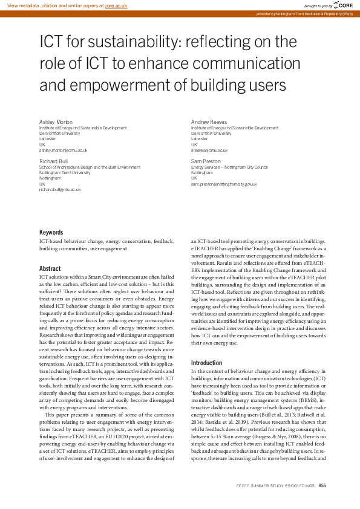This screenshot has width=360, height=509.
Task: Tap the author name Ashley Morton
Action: click(x=55, y=122)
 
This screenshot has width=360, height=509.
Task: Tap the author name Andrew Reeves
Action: click(x=209, y=122)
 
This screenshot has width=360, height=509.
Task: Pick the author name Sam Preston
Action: click(x=206, y=161)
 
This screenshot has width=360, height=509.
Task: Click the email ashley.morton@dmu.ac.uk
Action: click(x=64, y=150)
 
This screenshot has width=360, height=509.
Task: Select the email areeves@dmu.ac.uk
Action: click(x=209, y=150)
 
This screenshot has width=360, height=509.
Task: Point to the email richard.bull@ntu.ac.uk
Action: click(x=60, y=189)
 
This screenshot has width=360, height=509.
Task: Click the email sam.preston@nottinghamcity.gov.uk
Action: click(x=224, y=184)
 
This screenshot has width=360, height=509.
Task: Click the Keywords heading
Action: click(x=51, y=233)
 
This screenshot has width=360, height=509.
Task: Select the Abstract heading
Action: click(x=50, y=268)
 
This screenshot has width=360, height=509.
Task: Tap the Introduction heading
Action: click(x=206, y=363)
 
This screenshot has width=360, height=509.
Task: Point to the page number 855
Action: click(x=322, y=485)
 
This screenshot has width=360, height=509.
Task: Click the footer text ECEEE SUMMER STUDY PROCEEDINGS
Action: click(x=276, y=485)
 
